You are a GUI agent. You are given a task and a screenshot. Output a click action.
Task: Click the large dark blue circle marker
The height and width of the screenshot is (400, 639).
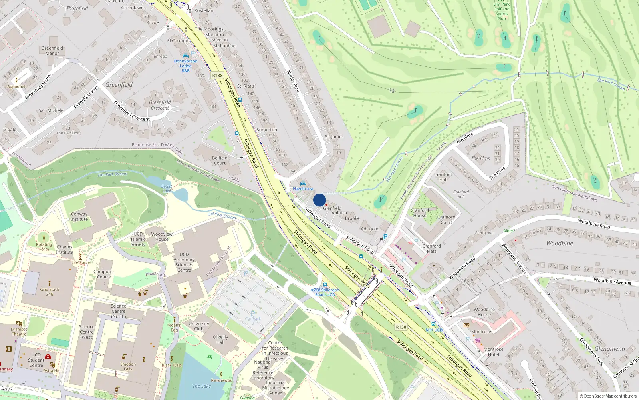(319, 200)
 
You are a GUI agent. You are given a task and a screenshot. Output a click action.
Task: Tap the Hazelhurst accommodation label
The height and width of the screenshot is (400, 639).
(303, 188)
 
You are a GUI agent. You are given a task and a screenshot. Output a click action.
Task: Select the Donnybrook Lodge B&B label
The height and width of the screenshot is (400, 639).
(185, 66)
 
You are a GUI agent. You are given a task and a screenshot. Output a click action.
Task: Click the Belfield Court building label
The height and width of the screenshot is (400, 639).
(220, 160)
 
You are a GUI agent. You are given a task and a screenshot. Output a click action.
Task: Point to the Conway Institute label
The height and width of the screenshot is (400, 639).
(79, 216)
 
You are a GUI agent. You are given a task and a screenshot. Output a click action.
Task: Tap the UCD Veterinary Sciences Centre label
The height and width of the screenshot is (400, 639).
(184, 262)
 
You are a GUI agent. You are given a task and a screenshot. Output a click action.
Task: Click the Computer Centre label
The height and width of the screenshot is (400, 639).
(104, 274)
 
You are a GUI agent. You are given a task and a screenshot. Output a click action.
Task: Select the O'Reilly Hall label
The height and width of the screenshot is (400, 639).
(220, 340)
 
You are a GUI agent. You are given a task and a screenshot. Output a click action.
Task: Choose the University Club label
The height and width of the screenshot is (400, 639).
(199, 326)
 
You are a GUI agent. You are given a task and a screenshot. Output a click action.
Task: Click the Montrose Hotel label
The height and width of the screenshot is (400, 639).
(494, 352)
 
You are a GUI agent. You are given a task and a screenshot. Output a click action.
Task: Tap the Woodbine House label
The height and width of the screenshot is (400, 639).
(484, 312)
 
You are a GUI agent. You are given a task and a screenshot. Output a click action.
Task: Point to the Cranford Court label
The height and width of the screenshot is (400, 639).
(446, 220)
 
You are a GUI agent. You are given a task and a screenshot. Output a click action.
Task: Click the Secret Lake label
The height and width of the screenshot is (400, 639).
(167, 188)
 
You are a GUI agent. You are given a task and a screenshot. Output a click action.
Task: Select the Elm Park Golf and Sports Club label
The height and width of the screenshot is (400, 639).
(502, 11)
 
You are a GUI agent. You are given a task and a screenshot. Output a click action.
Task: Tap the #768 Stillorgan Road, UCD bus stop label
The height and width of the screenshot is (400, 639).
(325, 292)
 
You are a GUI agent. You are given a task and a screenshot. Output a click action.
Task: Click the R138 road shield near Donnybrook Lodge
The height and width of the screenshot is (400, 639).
(217, 76)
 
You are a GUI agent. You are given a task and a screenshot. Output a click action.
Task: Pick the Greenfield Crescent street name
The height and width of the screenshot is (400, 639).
(160, 105)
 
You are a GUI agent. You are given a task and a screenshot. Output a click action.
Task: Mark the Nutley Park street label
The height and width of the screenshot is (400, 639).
(293, 81)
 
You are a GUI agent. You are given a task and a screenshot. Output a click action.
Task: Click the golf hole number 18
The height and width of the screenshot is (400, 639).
(392, 91)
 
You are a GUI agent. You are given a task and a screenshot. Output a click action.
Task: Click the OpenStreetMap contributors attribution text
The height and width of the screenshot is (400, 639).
(610, 396)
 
